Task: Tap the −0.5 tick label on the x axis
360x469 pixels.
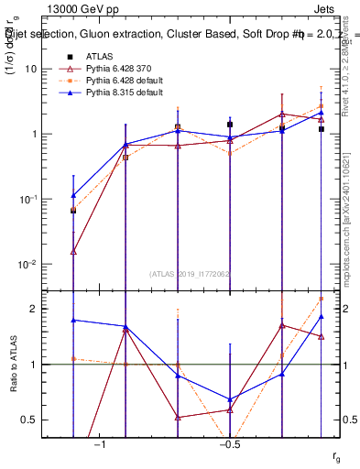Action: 229,445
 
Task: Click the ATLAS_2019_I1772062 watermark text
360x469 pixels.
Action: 191,273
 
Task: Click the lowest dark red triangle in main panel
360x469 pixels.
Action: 73,250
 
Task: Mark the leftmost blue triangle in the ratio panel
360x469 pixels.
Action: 73,320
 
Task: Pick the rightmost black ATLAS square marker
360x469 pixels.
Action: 322,129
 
